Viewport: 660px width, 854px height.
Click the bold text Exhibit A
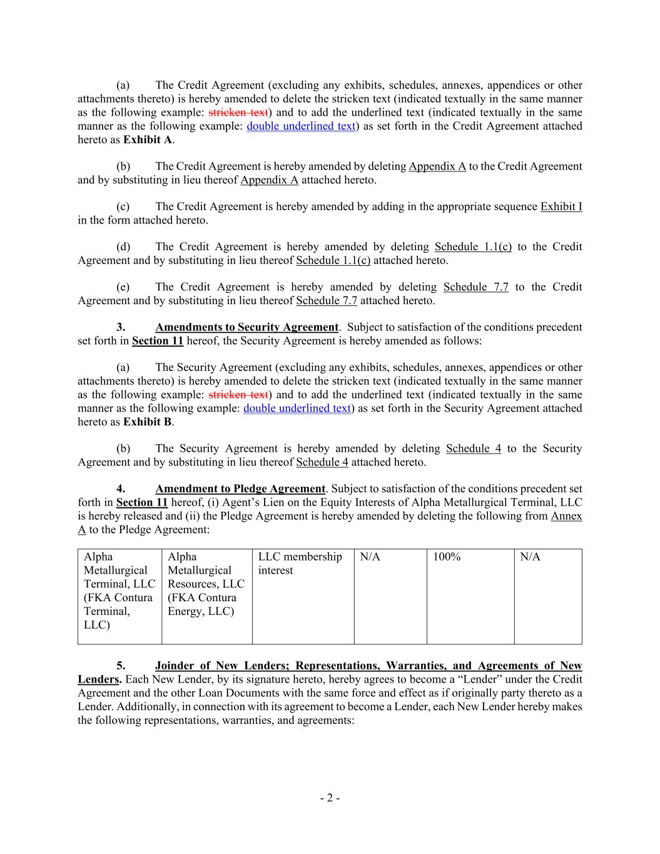click(x=148, y=140)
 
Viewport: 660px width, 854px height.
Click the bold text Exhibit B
click(x=148, y=422)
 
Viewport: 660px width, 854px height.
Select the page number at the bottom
click(x=330, y=798)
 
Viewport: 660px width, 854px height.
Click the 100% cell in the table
click(x=447, y=557)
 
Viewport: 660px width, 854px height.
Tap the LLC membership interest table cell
click(x=300, y=563)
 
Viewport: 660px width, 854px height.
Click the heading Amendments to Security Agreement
click(x=246, y=327)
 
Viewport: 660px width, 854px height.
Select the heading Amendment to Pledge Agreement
click(x=240, y=489)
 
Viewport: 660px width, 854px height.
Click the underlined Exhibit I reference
click(x=561, y=206)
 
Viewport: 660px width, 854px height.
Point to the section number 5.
click(x=121, y=666)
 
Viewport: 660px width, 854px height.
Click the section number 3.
click(x=121, y=327)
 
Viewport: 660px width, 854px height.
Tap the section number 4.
click(x=121, y=489)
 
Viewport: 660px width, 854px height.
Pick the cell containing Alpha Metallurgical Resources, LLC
click(x=206, y=584)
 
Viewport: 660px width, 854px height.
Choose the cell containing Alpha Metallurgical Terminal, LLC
click(x=119, y=591)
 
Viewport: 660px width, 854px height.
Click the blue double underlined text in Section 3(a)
click(x=297, y=409)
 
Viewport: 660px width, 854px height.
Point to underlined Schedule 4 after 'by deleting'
click(x=473, y=449)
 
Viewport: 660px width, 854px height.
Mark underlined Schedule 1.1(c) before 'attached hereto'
click(x=333, y=260)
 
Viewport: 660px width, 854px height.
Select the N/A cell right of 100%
click(x=530, y=557)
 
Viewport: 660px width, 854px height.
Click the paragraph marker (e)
click(x=123, y=287)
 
